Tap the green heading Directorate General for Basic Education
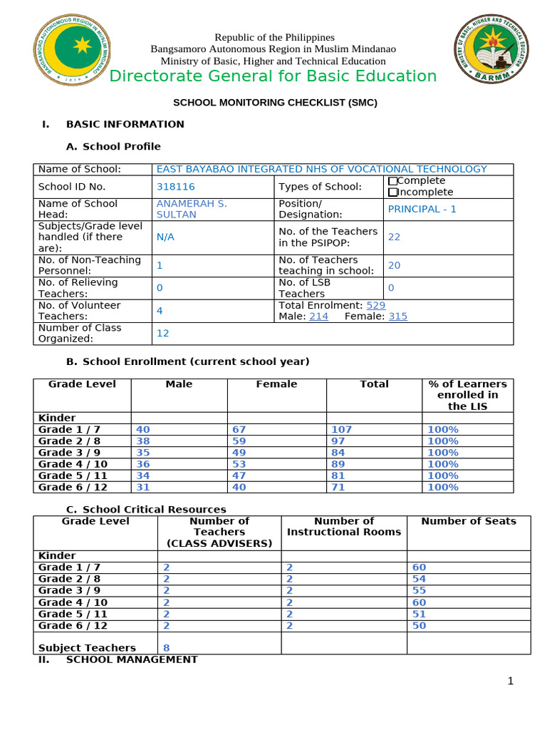coord(273,76)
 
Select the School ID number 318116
coord(175,187)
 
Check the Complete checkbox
coord(392,181)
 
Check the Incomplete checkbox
coord(392,192)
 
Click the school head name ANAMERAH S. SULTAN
coord(192,209)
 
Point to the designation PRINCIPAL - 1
coord(422,209)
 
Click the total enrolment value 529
coord(375,305)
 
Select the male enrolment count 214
coord(318,317)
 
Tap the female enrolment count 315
coord(397,317)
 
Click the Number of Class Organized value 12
coord(163,333)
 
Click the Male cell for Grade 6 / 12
coord(143,487)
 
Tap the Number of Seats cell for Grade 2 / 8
coord(419,579)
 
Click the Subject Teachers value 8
coord(166,648)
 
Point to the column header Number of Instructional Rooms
coord(344,526)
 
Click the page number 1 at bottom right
coord(510,682)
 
